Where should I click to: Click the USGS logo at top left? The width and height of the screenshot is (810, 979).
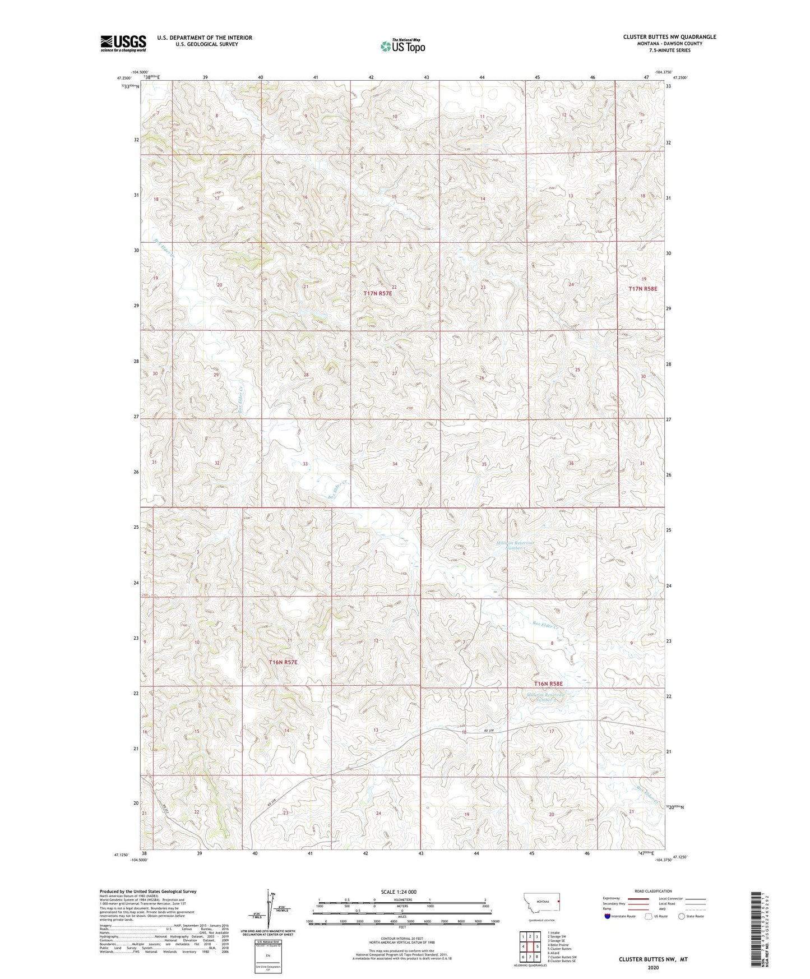tap(123, 43)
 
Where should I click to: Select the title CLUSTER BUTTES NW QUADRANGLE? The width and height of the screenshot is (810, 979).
tap(669, 37)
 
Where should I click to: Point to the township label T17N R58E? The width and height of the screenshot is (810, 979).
tap(642, 288)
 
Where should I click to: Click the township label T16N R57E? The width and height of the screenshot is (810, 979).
tap(283, 662)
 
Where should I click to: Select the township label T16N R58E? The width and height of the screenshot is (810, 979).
tap(548, 684)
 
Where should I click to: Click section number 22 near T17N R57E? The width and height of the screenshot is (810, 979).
tap(394, 287)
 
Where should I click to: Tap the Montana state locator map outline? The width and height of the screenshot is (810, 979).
tap(541, 905)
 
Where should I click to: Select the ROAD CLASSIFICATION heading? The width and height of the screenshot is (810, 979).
tap(653, 891)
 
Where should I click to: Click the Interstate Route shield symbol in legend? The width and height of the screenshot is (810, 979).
tap(608, 916)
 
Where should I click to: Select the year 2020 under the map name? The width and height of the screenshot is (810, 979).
tap(652, 967)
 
